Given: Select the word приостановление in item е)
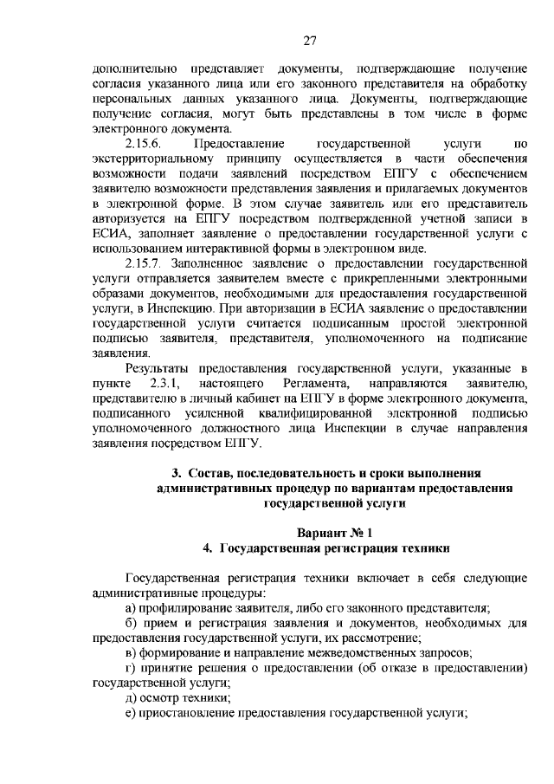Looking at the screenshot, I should pyautogui.click(x=183, y=713).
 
